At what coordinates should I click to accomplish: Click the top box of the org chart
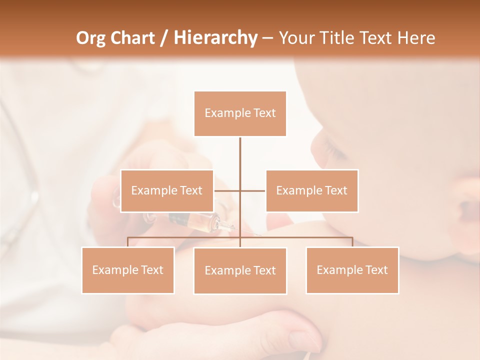[240, 113]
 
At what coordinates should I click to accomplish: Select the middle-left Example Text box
[167, 190]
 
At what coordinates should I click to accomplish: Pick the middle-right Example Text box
[312, 190]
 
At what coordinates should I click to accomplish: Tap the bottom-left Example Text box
[128, 270]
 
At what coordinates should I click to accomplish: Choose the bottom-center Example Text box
[240, 270]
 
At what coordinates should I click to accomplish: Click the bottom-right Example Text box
[352, 270]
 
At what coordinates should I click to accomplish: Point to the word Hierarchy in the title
[215, 38]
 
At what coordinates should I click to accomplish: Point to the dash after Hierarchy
[267, 38]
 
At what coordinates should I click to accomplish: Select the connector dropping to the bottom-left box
[128, 242]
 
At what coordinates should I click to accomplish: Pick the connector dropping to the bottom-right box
[352, 242]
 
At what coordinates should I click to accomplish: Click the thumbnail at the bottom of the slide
[300, 340]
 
